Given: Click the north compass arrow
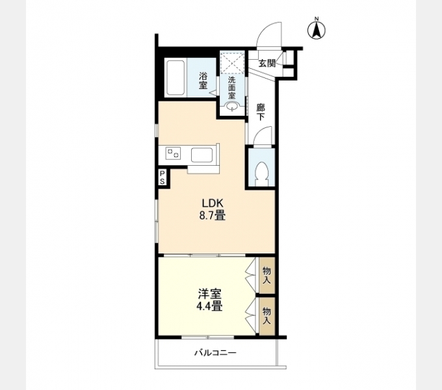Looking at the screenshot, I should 317,30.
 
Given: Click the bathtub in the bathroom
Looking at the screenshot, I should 175,79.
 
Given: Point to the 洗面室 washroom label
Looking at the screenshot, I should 232,86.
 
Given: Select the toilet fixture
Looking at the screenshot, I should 263,172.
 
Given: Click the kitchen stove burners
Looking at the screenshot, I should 173,155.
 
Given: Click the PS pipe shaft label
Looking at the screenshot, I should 162,177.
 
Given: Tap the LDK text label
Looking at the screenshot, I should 212,203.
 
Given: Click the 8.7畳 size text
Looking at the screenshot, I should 212,216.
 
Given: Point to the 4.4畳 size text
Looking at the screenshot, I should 209,306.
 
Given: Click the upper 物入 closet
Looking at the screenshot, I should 266,275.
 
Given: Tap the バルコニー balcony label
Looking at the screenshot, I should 215,354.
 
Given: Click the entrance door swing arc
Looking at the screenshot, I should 266,34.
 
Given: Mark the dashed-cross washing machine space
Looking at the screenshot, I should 232,63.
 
